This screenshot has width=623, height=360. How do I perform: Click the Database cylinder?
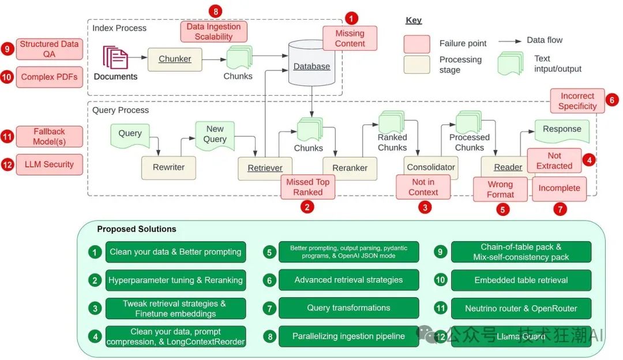(x=311, y=65)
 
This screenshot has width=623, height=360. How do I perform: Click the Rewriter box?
(x=168, y=167)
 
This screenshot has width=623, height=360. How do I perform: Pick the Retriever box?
(x=265, y=168)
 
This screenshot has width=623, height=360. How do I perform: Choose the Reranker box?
(x=350, y=168)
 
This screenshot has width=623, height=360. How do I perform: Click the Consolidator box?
(x=430, y=167)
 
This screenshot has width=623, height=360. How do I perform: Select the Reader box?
(x=508, y=167)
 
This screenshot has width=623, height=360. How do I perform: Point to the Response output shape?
(x=562, y=130)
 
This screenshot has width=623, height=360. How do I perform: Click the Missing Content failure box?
(x=350, y=38)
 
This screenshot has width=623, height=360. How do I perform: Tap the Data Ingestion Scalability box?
(x=213, y=32)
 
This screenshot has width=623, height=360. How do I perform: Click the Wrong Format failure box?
(x=500, y=189)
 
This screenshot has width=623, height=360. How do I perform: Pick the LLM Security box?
(x=50, y=164)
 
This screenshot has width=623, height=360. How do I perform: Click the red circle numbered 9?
(x=7, y=48)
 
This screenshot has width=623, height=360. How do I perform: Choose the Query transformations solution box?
(x=348, y=308)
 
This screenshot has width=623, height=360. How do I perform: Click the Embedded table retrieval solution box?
(x=521, y=280)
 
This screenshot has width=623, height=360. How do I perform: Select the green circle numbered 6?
(x=269, y=280)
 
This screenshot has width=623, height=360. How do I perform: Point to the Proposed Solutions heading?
(x=137, y=229)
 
